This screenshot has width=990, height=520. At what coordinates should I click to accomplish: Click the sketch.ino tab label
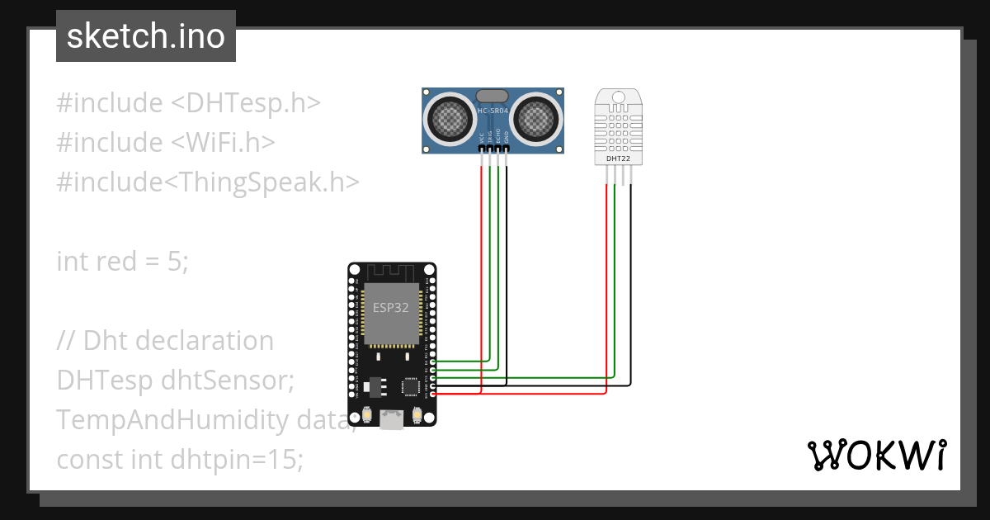tap(145, 36)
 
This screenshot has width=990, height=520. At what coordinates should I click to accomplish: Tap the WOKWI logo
tap(876, 455)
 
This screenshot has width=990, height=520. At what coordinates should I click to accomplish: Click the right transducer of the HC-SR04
tap(537, 119)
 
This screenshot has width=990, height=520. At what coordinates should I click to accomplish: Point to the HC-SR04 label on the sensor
tap(493, 110)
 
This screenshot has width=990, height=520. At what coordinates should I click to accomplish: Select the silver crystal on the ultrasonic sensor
tap(493, 97)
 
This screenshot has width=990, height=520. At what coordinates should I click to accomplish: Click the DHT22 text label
tap(618, 157)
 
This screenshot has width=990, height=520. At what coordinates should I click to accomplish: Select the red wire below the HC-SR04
tap(481, 248)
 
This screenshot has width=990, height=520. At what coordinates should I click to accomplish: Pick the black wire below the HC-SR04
tap(507, 248)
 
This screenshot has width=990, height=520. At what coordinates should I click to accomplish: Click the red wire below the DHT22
tap(606, 272)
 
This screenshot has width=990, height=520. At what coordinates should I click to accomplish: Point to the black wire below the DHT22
tap(631, 272)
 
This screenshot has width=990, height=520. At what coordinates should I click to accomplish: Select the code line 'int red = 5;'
tap(123, 262)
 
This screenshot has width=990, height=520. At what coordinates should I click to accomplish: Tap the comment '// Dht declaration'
tap(165, 341)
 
